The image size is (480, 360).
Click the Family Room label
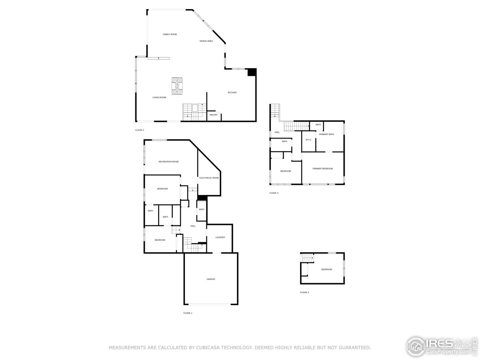tap(169, 34)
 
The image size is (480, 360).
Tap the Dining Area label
tap(206, 41)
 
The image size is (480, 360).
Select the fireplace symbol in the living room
tap(177, 86)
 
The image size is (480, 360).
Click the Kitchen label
tap(232, 93)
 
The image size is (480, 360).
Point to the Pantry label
tap(213, 115)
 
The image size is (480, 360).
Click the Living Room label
tap(159, 97)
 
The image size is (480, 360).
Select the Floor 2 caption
tap(139, 130)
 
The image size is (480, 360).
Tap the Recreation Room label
tap(168, 162)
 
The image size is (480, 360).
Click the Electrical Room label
tap(209, 178)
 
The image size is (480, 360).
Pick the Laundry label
tap(220, 237)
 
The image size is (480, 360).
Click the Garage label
tap(211, 279)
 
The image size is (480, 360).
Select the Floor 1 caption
tap(187, 313)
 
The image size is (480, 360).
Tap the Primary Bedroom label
tap(322, 169)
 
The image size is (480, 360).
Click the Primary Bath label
tap(326, 134)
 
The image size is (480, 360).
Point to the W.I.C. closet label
tap(309, 140)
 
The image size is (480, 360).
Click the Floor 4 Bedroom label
tap(326, 269)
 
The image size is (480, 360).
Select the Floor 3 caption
tap(274, 193)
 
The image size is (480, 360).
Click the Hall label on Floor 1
tap(193, 226)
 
